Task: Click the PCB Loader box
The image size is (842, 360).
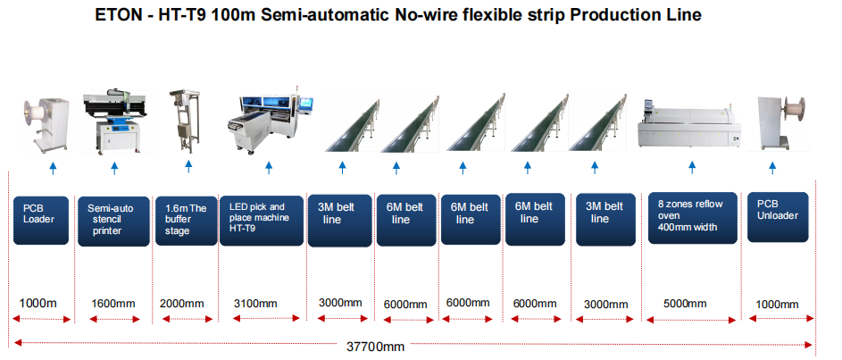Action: click(x=41, y=221)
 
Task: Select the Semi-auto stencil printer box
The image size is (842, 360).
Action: click(x=113, y=222)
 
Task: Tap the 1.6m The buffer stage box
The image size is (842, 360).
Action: click(x=186, y=221)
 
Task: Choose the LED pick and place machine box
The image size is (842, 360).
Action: click(x=262, y=221)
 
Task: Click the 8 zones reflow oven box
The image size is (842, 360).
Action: click(x=692, y=217)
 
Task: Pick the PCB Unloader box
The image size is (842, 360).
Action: click(x=778, y=217)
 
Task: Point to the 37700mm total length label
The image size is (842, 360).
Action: click(x=374, y=347)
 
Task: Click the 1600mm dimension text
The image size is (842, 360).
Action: click(x=113, y=304)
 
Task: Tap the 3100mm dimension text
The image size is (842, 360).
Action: click(x=255, y=304)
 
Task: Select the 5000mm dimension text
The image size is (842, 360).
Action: click(x=685, y=304)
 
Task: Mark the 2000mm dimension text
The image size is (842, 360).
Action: click(x=182, y=304)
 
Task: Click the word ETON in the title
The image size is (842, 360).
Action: click(x=116, y=14)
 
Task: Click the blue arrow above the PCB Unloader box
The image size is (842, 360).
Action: click(x=772, y=168)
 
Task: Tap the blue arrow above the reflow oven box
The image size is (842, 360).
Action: click(x=692, y=167)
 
